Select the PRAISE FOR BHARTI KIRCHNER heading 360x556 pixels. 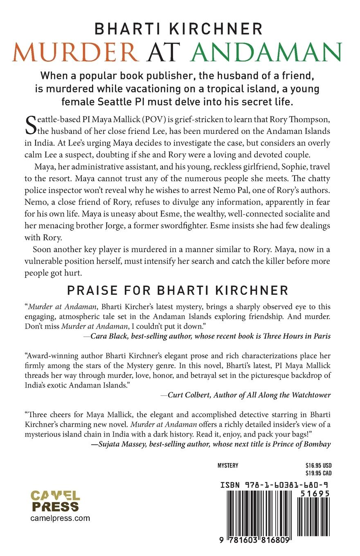coord(178,290)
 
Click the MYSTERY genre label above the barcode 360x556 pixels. coord(228,465)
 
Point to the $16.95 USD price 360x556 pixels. coord(318,465)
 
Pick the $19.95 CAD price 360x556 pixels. coord(318,473)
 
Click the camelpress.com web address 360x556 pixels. coord(60,518)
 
